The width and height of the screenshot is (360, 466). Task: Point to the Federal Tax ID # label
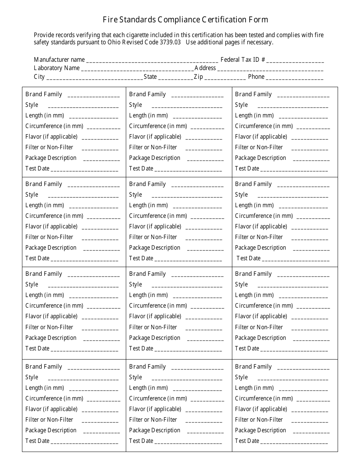(x=243, y=59)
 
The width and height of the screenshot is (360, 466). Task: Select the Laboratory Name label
(x=57, y=68)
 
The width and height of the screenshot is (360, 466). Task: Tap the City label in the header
(x=39, y=77)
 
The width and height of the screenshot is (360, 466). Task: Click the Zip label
(x=198, y=77)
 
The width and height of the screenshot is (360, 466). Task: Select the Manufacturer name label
(x=59, y=59)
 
